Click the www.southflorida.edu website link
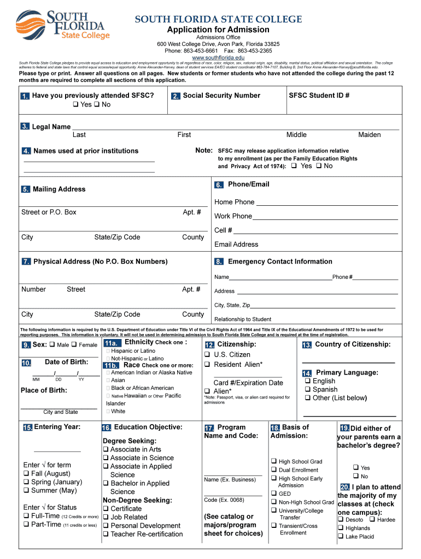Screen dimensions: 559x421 click(x=218, y=57)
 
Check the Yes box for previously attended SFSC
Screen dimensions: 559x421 click(x=75, y=105)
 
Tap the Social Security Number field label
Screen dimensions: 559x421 click(x=221, y=96)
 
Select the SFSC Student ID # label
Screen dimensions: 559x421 click(x=319, y=96)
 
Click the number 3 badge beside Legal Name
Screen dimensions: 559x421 click(x=25, y=127)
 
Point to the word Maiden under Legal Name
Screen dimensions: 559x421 click(x=369, y=135)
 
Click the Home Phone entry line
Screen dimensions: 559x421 click(x=326, y=203)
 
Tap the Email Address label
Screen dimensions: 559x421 click(x=236, y=245)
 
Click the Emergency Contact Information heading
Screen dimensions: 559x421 click(x=279, y=261)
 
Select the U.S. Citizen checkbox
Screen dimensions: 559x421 click(x=208, y=355)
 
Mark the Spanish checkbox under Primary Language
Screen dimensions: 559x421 click(x=308, y=390)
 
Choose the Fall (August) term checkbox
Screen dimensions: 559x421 click(x=26, y=474)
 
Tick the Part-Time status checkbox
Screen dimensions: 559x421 click(x=26, y=525)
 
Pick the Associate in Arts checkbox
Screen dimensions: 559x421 click(x=106, y=450)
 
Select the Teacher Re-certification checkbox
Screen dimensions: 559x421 click(x=106, y=534)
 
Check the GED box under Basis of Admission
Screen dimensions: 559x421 click(x=273, y=493)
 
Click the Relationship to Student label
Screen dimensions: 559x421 click(x=242, y=319)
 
